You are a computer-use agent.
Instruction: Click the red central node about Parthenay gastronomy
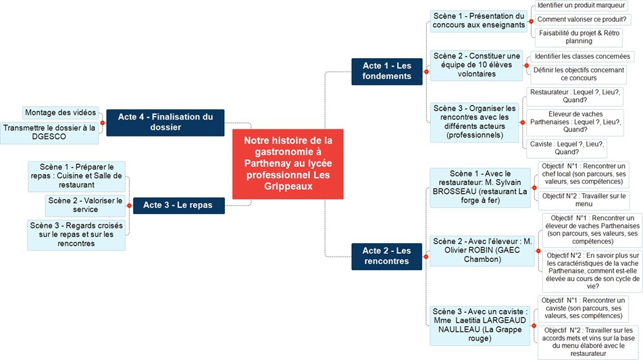288,164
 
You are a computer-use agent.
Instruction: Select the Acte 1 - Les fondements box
387,72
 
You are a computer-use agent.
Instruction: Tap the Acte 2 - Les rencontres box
387,256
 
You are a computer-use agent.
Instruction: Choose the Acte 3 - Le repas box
179,205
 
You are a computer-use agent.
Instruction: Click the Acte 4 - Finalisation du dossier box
165,123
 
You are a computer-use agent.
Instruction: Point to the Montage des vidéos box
60,113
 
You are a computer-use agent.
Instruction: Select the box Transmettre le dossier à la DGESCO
49,132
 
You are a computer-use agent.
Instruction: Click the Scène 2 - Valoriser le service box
85,205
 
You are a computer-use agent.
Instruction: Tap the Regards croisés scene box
76,234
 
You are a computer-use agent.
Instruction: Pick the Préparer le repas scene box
77,176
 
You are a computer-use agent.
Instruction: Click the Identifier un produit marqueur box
581,5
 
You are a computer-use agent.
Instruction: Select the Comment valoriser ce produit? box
582,20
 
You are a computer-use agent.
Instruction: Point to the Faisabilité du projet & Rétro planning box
579,37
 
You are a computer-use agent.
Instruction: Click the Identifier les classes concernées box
582,56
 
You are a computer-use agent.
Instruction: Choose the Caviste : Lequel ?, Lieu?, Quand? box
566,148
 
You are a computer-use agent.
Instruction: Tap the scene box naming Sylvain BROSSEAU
480,187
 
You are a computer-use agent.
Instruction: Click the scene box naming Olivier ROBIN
482,251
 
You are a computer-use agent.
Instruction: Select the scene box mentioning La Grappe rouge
480,325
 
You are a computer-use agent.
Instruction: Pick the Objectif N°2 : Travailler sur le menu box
584,200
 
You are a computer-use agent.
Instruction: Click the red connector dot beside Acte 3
129,205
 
